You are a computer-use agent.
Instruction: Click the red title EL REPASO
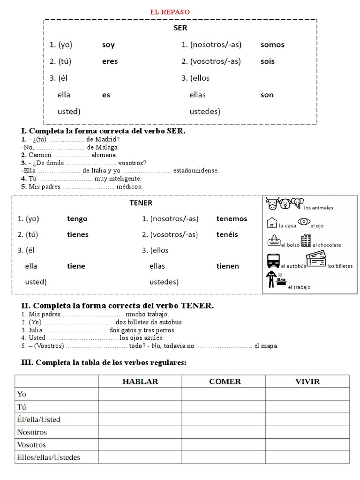click(x=170, y=12)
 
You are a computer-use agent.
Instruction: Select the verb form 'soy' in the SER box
click(x=108, y=45)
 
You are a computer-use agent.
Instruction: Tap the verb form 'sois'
click(x=268, y=61)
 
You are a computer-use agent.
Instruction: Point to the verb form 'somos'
click(x=272, y=45)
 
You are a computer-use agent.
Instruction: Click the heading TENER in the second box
click(x=141, y=203)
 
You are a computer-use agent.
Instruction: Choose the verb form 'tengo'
click(x=77, y=219)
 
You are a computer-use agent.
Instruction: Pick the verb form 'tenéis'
click(x=227, y=234)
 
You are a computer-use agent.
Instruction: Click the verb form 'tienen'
click(x=227, y=266)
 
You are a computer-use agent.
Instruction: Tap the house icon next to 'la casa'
click(x=272, y=223)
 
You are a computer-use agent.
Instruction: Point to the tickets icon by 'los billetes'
click(x=315, y=259)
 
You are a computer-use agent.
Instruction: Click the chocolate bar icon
click(x=306, y=240)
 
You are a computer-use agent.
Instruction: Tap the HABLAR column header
click(x=140, y=381)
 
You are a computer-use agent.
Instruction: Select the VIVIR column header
click(x=307, y=381)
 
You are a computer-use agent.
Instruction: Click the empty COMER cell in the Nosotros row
click(x=225, y=432)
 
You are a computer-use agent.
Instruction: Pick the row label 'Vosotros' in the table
click(x=31, y=445)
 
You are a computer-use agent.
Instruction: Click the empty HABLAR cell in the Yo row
click(x=140, y=394)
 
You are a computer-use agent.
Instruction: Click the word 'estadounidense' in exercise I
click(x=195, y=171)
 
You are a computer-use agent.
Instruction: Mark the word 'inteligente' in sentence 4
click(x=124, y=179)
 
